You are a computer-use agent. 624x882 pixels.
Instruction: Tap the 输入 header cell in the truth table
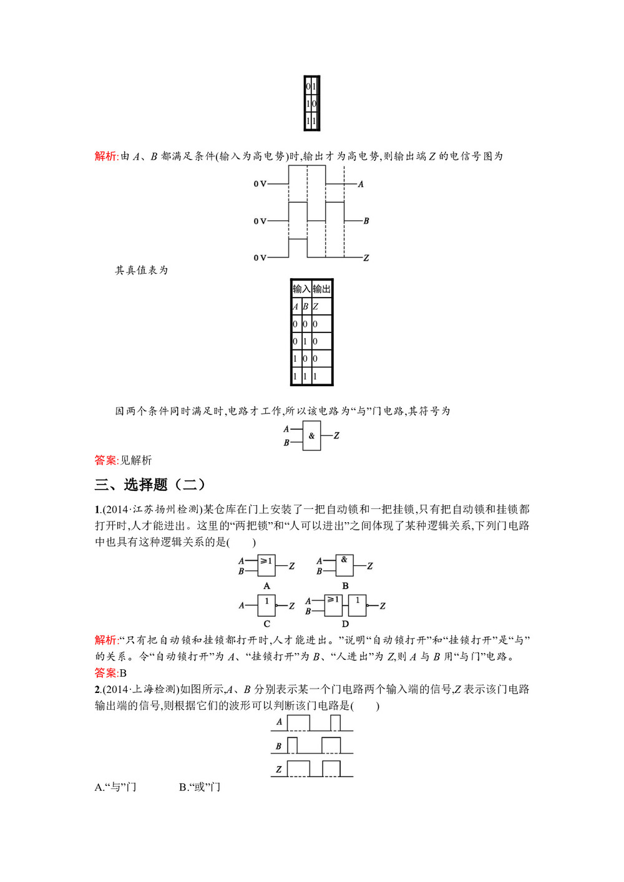click(x=301, y=289)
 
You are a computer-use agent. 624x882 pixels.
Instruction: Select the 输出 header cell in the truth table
click(x=322, y=289)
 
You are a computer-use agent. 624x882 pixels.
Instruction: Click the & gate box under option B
click(x=344, y=565)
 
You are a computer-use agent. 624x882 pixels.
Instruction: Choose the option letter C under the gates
click(x=267, y=624)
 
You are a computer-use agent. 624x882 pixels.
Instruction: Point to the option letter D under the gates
click(x=345, y=624)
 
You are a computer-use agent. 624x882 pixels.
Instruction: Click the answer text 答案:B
click(x=110, y=673)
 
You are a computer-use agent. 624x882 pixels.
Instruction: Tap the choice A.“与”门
click(x=115, y=787)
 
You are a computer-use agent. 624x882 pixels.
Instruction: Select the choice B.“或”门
click(x=200, y=787)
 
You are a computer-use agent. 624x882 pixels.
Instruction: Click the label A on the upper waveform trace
click(x=361, y=185)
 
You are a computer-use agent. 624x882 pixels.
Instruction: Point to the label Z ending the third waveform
click(x=366, y=258)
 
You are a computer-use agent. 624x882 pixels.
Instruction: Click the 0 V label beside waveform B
click(x=260, y=221)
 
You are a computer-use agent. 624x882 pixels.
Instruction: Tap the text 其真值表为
click(x=142, y=270)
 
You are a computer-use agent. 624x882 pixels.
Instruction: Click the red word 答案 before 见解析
click(x=105, y=460)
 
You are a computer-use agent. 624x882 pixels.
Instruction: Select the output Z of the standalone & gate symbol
click(x=336, y=435)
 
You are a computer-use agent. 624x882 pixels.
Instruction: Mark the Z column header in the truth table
click(x=316, y=307)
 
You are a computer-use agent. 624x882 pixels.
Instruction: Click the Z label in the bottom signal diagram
click(x=278, y=769)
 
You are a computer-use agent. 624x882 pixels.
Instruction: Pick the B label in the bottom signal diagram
click(x=278, y=746)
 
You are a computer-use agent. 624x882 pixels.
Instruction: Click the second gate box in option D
click(x=358, y=604)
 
